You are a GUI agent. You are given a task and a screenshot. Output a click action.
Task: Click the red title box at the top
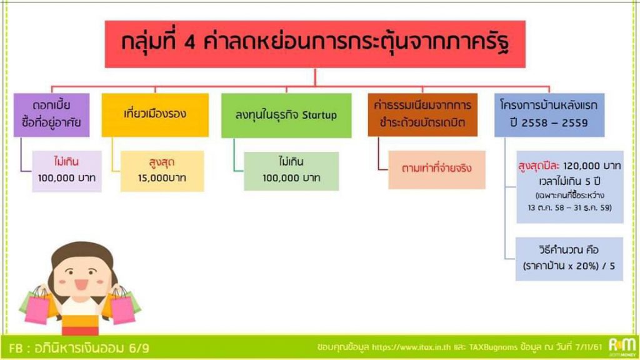click(x=315, y=44)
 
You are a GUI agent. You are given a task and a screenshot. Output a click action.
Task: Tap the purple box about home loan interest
click(x=51, y=115)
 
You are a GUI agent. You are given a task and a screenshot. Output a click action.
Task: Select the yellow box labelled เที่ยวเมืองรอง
click(x=155, y=115)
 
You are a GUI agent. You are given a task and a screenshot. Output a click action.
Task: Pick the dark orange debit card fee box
click(x=422, y=115)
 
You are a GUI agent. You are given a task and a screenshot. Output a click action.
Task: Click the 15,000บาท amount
click(x=162, y=178)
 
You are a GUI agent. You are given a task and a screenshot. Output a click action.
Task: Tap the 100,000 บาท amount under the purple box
click(x=66, y=178)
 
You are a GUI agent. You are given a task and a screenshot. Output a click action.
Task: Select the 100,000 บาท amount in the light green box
click(x=291, y=178)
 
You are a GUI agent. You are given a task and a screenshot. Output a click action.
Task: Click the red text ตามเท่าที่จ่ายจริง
click(x=437, y=168)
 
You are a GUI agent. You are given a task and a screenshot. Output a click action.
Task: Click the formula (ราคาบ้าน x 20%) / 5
click(x=569, y=266)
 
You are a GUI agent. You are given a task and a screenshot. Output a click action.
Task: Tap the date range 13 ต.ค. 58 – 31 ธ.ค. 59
click(x=570, y=207)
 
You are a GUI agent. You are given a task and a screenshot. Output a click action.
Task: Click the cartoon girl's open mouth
click(x=81, y=284)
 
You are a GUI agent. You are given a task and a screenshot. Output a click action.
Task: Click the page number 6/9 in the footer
click(x=139, y=348)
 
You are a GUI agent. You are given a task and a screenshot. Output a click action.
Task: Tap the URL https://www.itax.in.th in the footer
click(x=411, y=347)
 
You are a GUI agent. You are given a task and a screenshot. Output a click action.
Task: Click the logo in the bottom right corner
click(x=622, y=347)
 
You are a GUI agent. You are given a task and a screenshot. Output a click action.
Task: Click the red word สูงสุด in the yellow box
click(x=162, y=162)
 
